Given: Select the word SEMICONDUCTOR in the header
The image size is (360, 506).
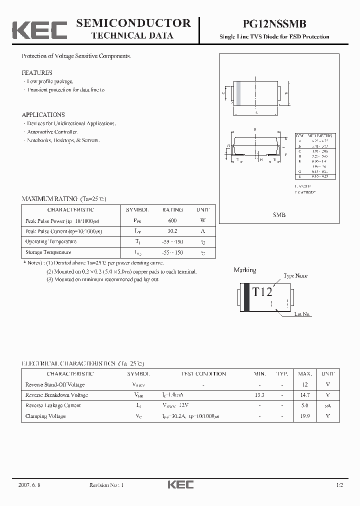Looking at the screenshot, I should (x=133, y=23).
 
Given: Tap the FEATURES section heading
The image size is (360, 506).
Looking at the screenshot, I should (x=37, y=73).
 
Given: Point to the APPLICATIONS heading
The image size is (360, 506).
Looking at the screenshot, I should (x=43, y=115).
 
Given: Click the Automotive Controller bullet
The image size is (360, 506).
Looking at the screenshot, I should (x=51, y=132).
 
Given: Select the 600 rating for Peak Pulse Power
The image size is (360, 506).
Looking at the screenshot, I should (x=172, y=220).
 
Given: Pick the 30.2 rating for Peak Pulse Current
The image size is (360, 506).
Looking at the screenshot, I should (x=172, y=231).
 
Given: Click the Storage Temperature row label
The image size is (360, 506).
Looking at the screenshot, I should (x=48, y=252).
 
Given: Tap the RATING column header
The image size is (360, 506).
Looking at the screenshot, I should (x=172, y=210).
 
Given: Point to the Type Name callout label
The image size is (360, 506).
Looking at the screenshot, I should (x=295, y=276).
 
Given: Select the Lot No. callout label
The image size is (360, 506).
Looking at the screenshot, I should (x=302, y=314).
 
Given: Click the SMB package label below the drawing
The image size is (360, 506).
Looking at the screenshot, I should (x=279, y=214).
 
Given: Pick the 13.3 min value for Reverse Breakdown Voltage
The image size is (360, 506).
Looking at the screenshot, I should (x=259, y=395).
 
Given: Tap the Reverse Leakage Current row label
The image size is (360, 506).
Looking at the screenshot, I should (x=53, y=405).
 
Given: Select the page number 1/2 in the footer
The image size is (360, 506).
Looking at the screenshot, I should (x=340, y=485).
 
